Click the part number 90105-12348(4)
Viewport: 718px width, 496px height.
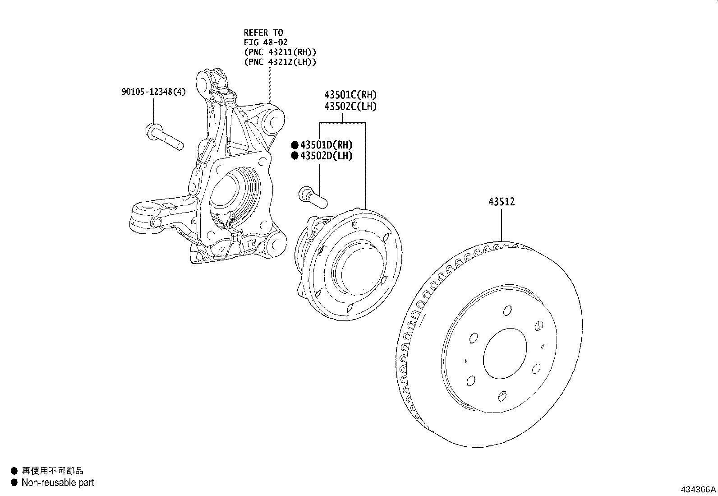153,92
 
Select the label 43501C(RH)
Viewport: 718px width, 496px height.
350,95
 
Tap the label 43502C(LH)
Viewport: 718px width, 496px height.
350,107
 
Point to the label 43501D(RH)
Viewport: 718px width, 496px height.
326,145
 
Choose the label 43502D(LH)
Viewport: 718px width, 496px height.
326,156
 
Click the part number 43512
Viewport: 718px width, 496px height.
501,202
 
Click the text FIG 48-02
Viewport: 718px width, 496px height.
266,42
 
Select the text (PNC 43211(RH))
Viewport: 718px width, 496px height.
280,52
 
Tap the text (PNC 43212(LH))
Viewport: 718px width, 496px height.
280,62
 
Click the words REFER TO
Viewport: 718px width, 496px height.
263,32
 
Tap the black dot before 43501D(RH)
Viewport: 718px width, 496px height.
295,145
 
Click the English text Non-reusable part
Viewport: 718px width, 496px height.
58,482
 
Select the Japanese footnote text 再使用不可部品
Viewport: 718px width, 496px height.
52,471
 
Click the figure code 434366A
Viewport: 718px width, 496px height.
698,489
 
